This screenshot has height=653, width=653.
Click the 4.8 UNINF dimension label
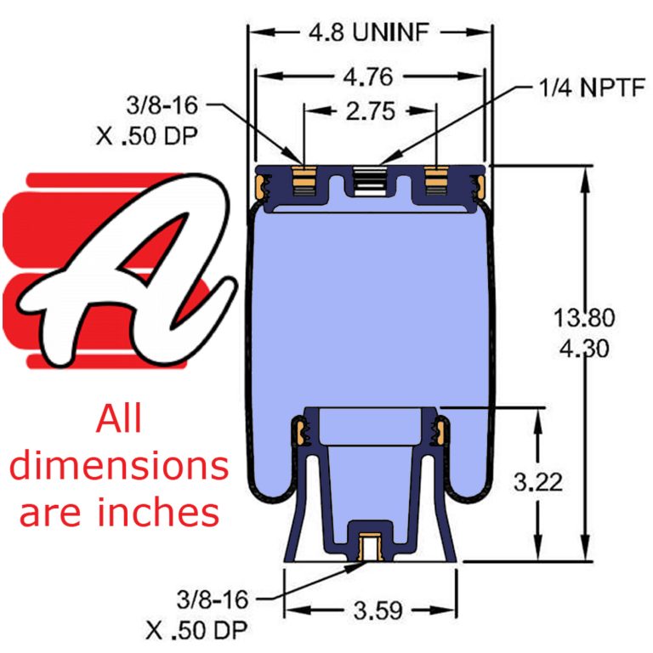[x=371, y=33]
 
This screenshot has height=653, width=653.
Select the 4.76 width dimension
[x=370, y=77]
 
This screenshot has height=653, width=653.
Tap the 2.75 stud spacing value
[x=371, y=111]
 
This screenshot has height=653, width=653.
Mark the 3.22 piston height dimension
[x=538, y=482]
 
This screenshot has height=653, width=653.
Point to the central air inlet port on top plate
[x=370, y=182]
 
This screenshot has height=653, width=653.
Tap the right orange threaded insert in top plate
[x=436, y=182]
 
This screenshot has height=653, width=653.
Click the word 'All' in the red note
[x=119, y=420]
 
